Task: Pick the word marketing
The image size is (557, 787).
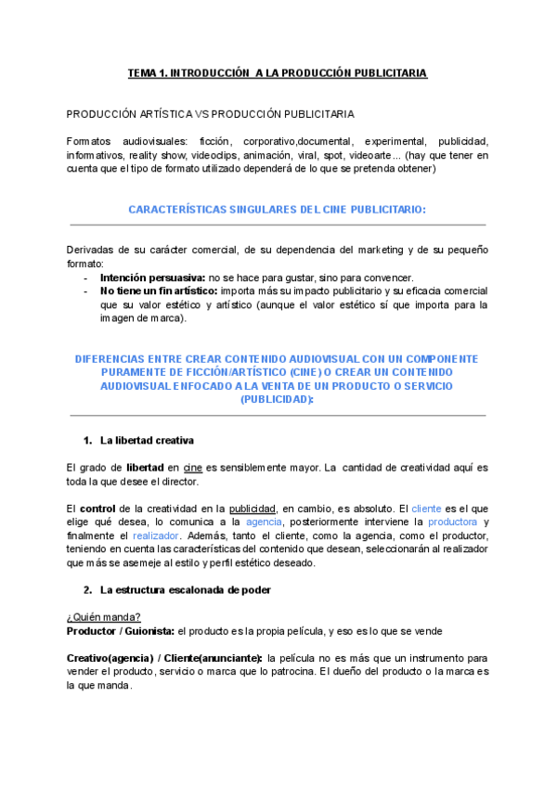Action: coord(380,250)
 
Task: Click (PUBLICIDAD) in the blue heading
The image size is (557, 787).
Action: coord(278,399)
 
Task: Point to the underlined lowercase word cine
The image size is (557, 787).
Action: coord(193,467)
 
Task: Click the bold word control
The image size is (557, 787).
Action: coord(97,508)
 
